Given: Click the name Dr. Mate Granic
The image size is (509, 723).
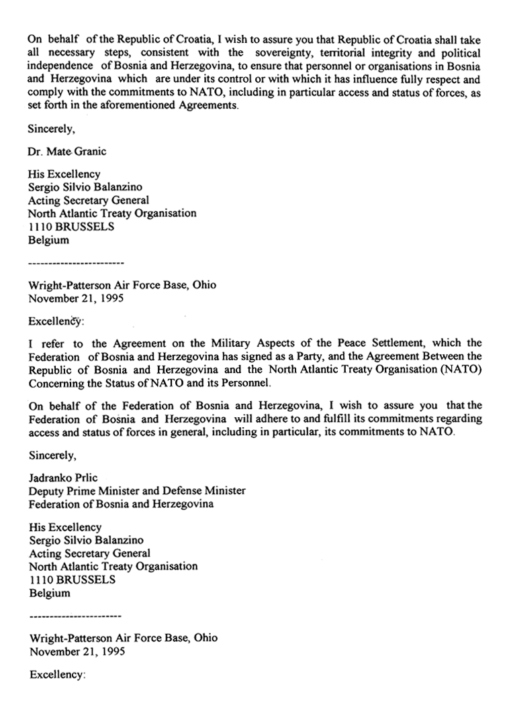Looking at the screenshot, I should point(67,152).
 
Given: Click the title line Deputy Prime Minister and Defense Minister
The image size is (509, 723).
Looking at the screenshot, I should point(137,490).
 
